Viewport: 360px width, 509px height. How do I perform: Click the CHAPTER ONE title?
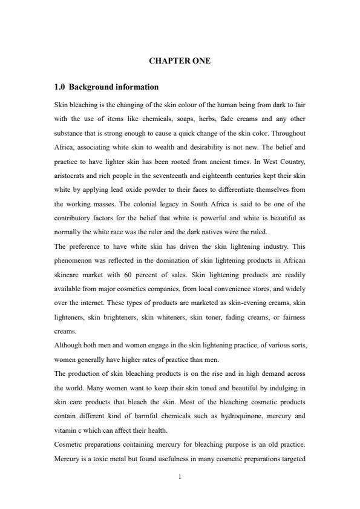point(180,61)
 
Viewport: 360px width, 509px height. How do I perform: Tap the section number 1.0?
point(60,87)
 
